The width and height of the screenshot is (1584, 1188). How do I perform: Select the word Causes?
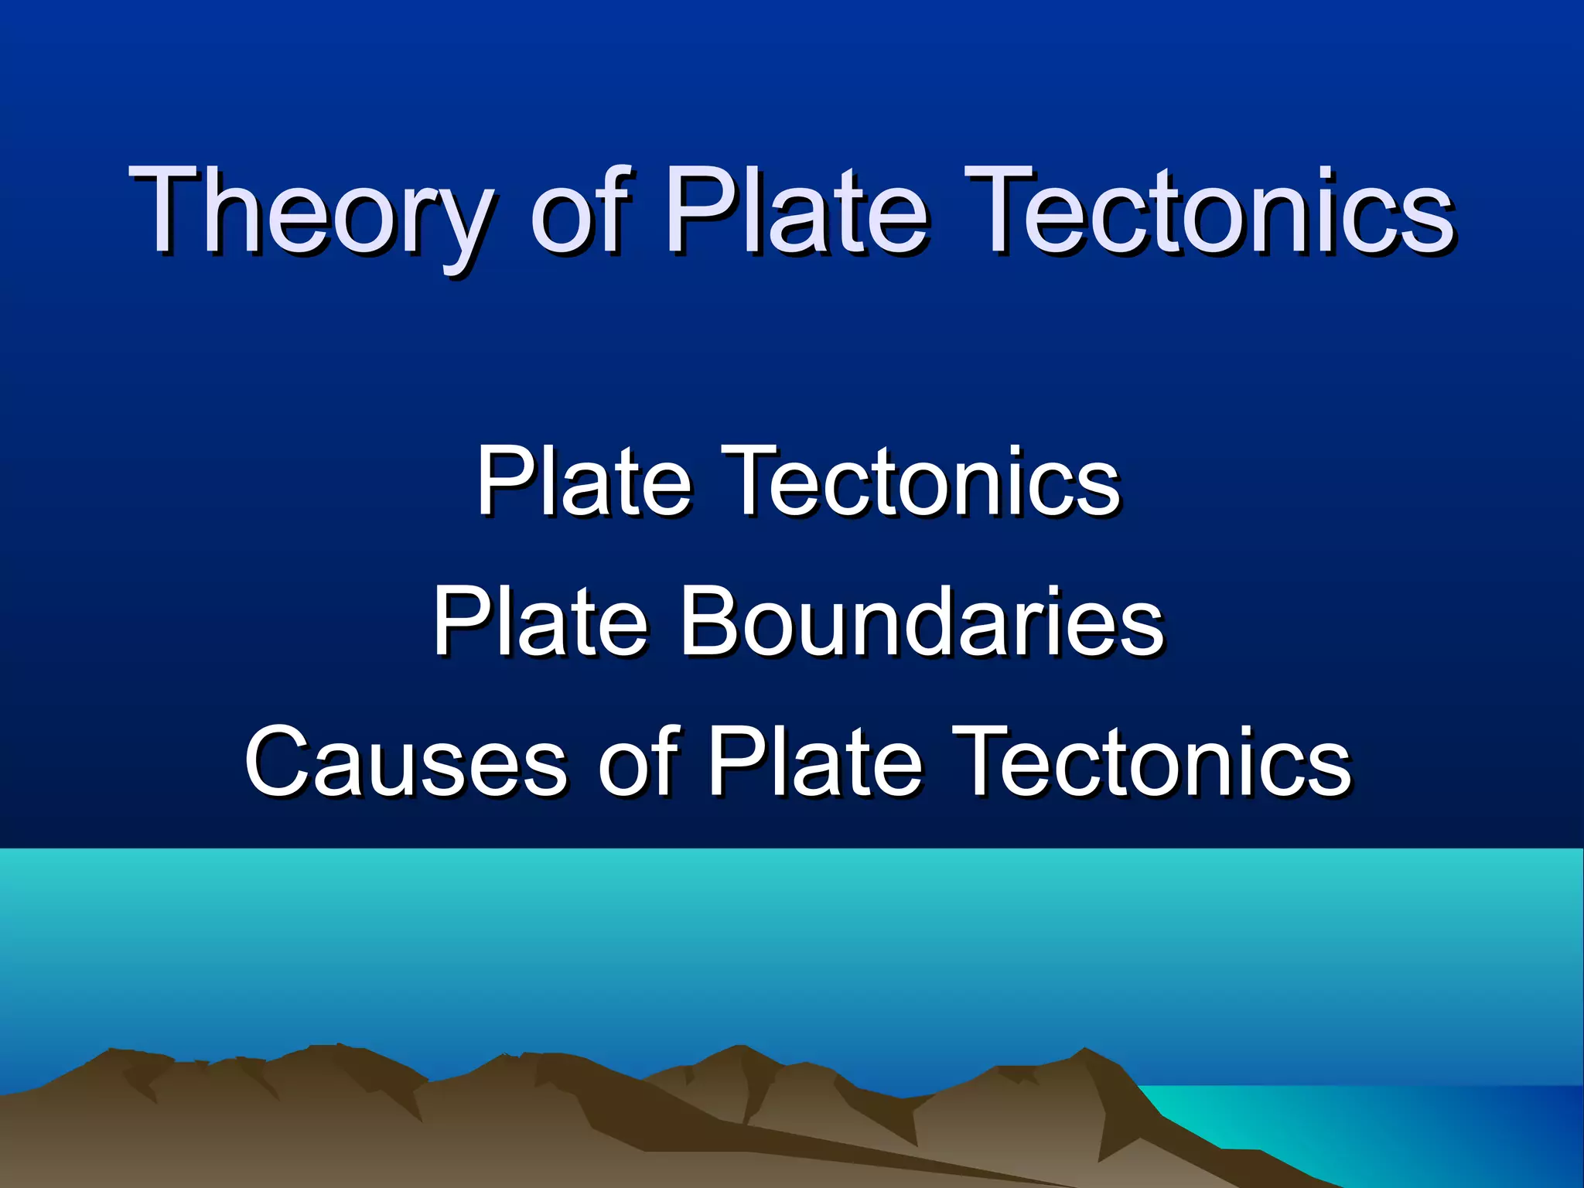(406, 762)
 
